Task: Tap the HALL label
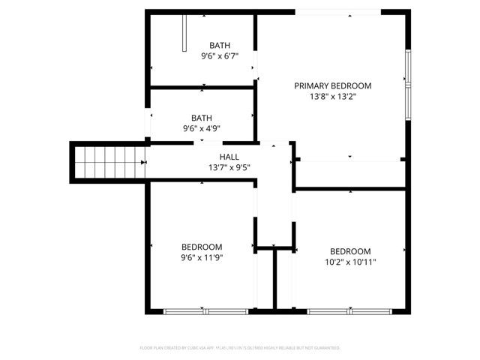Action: [229, 156]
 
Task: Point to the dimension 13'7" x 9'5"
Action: [229, 167]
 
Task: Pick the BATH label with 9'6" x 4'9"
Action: [202, 118]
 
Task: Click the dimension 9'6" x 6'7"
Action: [220, 56]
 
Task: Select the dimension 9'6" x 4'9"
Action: [202, 128]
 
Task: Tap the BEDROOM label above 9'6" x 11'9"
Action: [202, 247]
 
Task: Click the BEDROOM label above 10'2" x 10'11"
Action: [351, 251]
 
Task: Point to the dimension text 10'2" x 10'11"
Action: [351, 262]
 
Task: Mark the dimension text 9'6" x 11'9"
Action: [202, 257]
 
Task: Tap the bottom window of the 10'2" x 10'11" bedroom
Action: [351, 310]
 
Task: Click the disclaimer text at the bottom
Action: [240, 348]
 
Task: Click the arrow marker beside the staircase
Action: [143, 160]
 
